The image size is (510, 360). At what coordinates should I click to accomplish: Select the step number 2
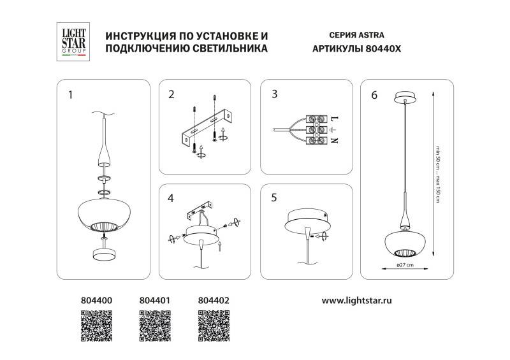point(171,95)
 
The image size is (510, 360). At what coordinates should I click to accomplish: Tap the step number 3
point(274,95)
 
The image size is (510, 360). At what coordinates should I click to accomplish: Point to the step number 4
point(171,198)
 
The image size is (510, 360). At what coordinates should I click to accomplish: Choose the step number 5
point(274,198)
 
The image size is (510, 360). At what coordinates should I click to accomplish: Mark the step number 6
point(374,95)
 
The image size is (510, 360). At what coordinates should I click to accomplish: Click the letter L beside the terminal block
point(334,119)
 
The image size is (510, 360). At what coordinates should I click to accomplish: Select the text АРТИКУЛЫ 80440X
point(356,49)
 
